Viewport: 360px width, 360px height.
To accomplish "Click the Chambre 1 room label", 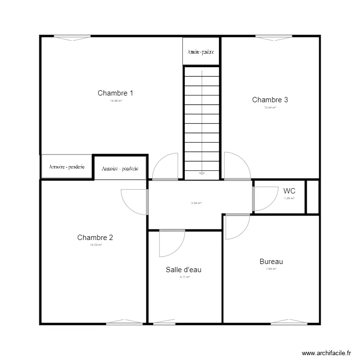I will (115, 93).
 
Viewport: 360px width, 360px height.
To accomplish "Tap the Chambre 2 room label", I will (95, 238).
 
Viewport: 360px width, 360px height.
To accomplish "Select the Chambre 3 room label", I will (270, 100).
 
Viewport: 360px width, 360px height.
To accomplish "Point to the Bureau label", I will (271, 262).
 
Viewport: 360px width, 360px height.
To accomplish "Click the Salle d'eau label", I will (183, 270).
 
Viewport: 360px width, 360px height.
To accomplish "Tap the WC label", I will (289, 191).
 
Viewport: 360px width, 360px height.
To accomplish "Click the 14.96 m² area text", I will (115, 101).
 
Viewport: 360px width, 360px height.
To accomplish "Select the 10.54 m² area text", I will (270, 108).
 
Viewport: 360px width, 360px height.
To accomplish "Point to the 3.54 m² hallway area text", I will (196, 203).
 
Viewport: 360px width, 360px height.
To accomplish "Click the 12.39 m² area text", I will (96, 245).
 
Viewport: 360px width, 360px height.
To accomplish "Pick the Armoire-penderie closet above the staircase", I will (201, 51).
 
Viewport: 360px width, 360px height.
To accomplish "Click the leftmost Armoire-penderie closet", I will (67, 167).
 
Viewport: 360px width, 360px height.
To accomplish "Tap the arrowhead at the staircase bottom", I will (202, 173).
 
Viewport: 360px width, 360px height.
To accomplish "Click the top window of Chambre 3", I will (274, 36).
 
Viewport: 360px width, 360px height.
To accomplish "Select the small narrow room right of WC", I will (312, 196).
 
